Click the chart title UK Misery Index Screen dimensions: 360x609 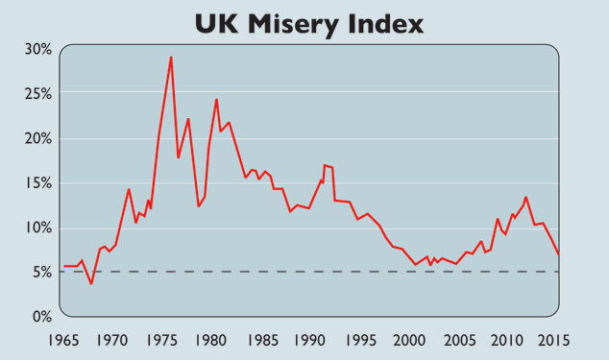click(308, 22)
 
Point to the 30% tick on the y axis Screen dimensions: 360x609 click(38, 48)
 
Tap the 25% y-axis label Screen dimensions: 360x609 click(38, 93)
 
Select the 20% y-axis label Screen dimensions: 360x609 click(38, 137)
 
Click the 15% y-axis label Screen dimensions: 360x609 click(38, 182)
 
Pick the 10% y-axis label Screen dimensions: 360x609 click(38, 228)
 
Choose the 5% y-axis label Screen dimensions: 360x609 click(41, 272)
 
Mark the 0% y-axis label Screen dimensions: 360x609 click(41, 316)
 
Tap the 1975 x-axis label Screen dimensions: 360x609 click(160, 340)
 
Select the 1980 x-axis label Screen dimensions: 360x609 click(209, 340)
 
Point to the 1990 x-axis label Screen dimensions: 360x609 click(308, 340)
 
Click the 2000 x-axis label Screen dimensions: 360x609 click(407, 340)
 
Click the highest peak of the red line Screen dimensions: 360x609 click(171, 58)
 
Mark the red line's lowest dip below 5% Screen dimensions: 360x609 click(91, 283)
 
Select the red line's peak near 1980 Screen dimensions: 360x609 click(216, 100)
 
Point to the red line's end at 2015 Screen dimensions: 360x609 click(558, 254)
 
